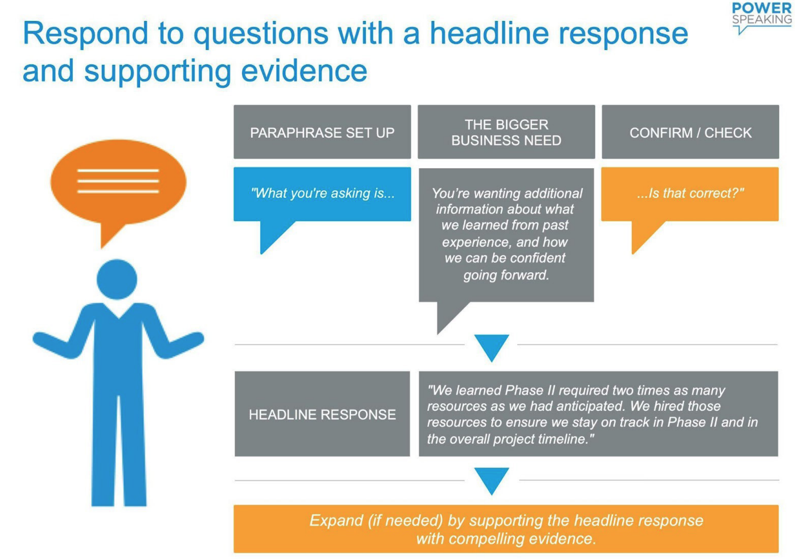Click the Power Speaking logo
[761, 17]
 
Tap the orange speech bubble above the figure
[118, 188]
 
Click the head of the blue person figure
[117, 279]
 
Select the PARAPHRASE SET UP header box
[322, 132]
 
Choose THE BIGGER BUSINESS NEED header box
[506, 132]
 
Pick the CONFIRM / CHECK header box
[690, 132]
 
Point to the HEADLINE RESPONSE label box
[322, 414]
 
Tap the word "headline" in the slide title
[489, 33]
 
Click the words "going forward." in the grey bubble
[506, 275]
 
